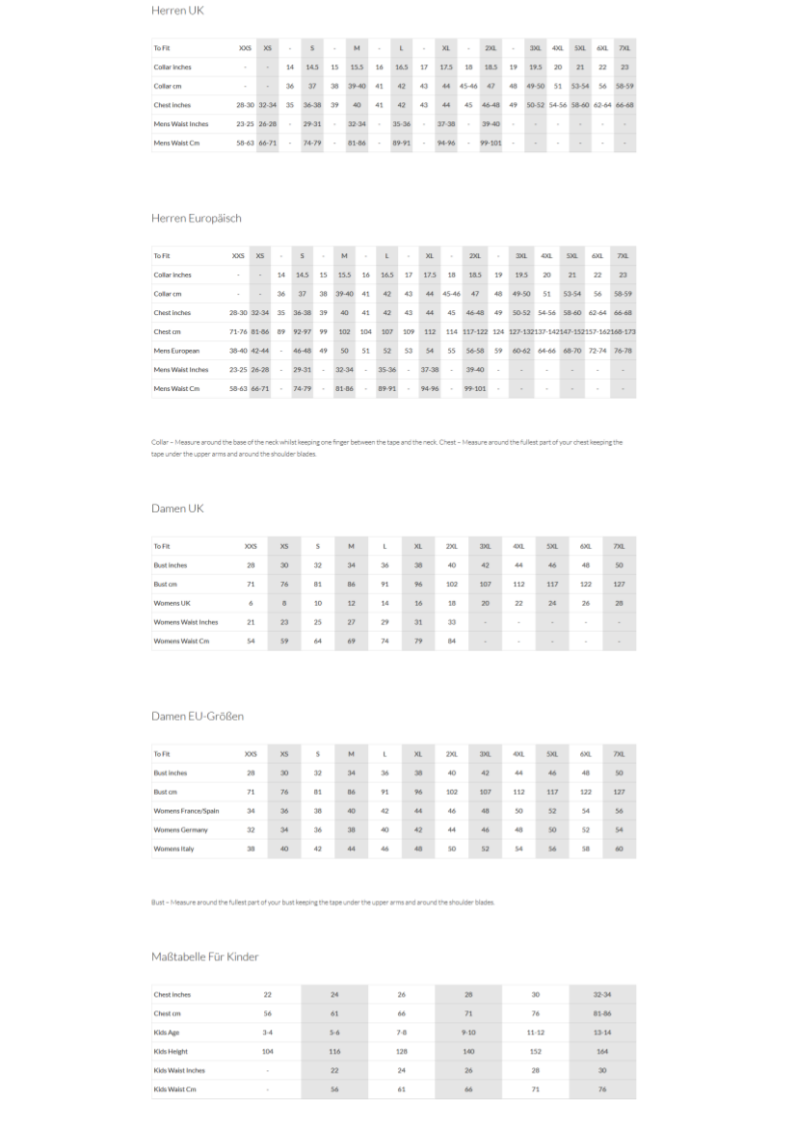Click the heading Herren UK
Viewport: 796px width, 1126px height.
click(177, 11)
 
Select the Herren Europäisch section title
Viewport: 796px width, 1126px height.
click(197, 218)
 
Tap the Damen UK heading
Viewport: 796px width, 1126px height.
click(177, 508)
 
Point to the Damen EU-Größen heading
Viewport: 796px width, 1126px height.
click(198, 716)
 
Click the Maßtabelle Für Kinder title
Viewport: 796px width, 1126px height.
click(205, 956)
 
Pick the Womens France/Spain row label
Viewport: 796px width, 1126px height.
click(186, 811)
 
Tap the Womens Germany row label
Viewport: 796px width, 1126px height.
click(180, 829)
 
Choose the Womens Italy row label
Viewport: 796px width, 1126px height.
click(173, 849)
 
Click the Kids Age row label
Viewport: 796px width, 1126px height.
click(166, 1033)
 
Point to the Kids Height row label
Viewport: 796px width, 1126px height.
click(171, 1051)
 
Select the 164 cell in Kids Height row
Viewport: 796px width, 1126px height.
click(602, 1051)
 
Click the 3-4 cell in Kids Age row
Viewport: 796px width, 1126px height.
click(268, 1033)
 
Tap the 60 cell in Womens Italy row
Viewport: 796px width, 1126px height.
click(619, 849)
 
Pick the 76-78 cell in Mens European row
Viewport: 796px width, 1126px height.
click(623, 351)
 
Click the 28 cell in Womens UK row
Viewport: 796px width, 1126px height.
click(619, 603)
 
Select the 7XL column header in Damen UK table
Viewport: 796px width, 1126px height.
click(619, 546)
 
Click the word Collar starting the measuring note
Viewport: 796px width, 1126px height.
click(160, 442)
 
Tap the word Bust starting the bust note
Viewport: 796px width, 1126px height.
click(159, 903)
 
